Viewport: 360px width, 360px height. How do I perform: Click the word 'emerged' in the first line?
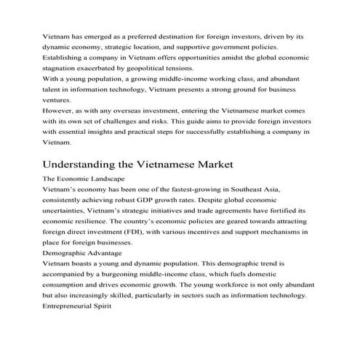click(x=105, y=34)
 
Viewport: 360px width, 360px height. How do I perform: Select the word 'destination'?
click(x=176, y=34)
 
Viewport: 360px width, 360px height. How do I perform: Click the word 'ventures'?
click(x=58, y=100)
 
